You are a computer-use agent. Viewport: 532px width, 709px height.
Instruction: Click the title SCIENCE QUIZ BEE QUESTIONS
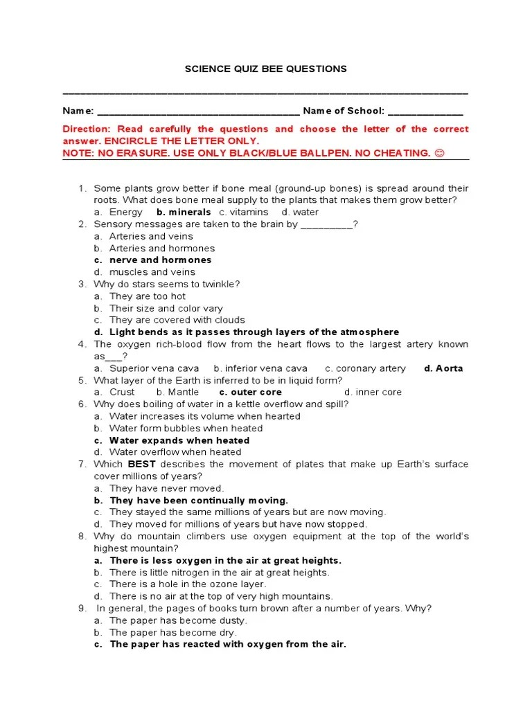pyautogui.click(x=265, y=69)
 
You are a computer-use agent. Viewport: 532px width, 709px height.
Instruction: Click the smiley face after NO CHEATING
pyautogui.click(x=439, y=152)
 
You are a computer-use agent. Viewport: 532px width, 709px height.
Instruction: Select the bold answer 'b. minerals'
pyautogui.click(x=184, y=212)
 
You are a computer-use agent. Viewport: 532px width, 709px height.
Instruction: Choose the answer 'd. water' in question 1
pyautogui.click(x=300, y=212)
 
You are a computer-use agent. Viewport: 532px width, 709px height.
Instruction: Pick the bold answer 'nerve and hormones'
pyautogui.click(x=160, y=260)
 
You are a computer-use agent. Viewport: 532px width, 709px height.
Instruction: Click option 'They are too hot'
pyautogui.click(x=147, y=296)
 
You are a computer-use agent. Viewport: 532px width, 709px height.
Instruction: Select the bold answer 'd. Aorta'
pyautogui.click(x=443, y=368)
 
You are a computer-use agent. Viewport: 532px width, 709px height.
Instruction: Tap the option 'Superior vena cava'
pyautogui.click(x=154, y=368)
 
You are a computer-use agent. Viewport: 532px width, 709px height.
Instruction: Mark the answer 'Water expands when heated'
pyautogui.click(x=179, y=440)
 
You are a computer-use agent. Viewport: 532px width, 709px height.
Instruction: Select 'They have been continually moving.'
pyautogui.click(x=198, y=501)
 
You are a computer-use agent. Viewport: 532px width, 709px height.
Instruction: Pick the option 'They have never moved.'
pyautogui.click(x=166, y=488)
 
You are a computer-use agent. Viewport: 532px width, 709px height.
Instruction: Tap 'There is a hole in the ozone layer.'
pyautogui.click(x=187, y=584)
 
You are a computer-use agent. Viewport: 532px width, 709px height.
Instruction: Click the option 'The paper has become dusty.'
pyautogui.click(x=177, y=620)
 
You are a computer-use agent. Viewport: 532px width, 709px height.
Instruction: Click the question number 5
pyautogui.click(x=82, y=380)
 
